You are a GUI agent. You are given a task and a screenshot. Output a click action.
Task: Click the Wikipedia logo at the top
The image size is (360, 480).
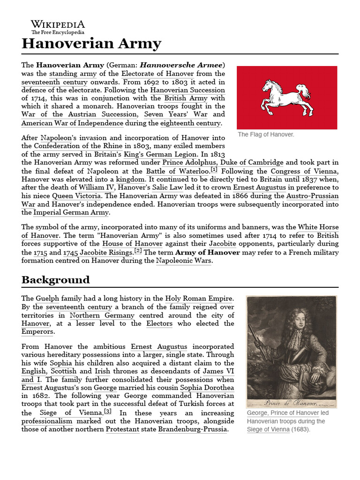tap(58, 27)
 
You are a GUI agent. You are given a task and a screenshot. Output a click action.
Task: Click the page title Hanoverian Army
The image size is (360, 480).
tap(91, 44)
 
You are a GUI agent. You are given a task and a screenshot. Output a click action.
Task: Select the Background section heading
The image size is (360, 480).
tap(55, 280)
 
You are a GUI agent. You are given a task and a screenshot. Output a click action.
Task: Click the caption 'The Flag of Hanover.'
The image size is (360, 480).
tap(266, 135)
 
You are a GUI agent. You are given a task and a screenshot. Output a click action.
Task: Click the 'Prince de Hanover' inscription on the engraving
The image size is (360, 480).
tap(292, 403)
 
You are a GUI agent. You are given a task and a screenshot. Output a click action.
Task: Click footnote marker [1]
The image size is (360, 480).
tap(214, 169)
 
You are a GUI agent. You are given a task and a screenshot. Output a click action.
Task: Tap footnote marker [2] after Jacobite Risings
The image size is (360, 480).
tap(138, 250)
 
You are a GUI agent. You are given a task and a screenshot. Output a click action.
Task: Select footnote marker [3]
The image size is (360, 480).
tap(108, 411)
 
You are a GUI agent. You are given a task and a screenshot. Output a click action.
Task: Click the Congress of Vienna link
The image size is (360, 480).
tap(304, 171)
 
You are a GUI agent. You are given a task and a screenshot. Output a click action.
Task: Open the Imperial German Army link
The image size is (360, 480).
tap(65, 212)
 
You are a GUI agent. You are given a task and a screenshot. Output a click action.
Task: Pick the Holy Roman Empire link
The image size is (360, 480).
tap(199, 298)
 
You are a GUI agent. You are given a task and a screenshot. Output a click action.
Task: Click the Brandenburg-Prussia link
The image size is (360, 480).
tap(193, 429)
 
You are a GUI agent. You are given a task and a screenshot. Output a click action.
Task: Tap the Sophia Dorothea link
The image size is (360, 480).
tap(207, 388)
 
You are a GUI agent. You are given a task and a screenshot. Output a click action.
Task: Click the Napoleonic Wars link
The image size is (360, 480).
tap(184, 261)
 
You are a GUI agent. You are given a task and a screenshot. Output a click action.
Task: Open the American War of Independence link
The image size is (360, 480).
tap(72, 123)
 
